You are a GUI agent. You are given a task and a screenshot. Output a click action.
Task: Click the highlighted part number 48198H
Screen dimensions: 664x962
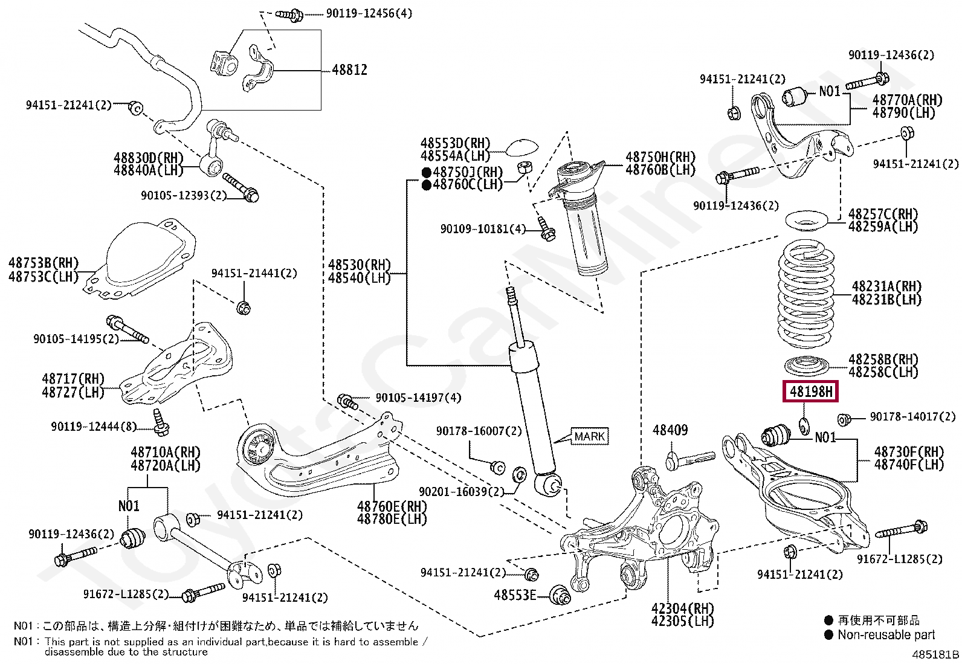pyautogui.click(x=811, y=392)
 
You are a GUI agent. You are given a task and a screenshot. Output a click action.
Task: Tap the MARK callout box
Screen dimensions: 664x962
pyautogui.click(x=589, y=436)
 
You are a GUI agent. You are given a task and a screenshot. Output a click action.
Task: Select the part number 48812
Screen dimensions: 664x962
pyautogui.click(x=349, y=70)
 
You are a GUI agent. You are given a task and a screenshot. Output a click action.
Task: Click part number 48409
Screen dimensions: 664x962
pyautogui.click(x=670, y=430)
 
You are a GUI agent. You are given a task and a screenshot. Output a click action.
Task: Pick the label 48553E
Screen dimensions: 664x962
pyautogui.click(x=515, y=595)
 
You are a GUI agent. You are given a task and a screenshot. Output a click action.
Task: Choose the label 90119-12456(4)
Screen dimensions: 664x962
pyautogui.click(x=369, y=13)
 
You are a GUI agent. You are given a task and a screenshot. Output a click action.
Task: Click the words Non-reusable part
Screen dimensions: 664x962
pyautogui.click(x=886, y=634)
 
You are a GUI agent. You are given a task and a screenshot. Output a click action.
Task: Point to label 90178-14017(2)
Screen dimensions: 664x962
pyautogui.click(x=913, y=417)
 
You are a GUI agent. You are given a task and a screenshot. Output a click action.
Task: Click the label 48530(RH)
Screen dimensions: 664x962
pyautogui.click(x=360, y=265)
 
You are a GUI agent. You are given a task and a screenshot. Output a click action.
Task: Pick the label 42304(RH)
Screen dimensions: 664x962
pyautogui.click(x=683, y=608)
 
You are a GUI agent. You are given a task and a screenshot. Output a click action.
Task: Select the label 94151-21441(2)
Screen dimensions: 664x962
pyautogui.click(x=254, y=273)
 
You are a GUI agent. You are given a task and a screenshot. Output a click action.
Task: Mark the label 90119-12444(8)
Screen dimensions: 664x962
pyautogui.click(x=94, y=427)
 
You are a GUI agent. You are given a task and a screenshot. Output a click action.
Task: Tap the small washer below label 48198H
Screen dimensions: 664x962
pyautogui.click(x=804, y=426)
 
